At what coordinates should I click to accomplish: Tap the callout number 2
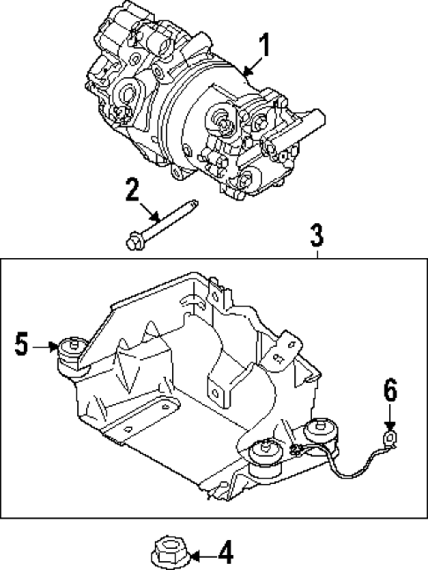coord(132,190)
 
